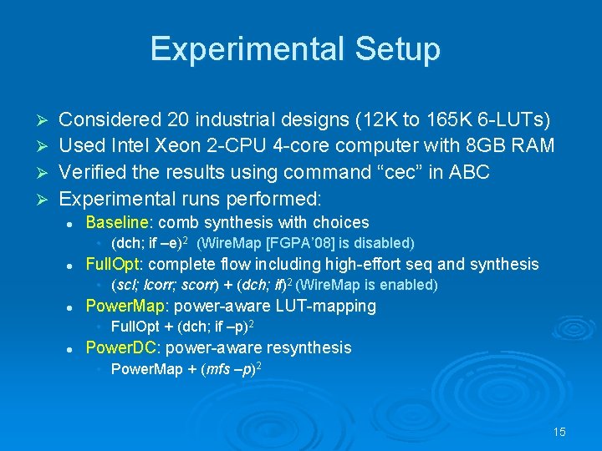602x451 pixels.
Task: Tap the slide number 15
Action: (559, 432)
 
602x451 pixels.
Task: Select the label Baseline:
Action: (120, 222)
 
